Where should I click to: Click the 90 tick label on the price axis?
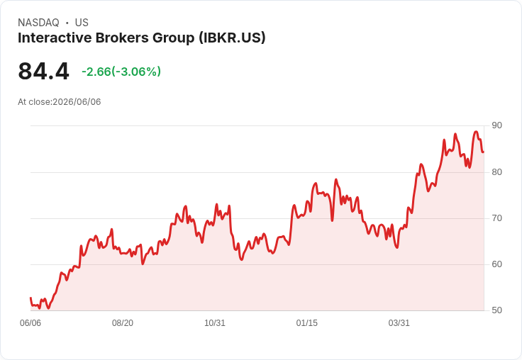coord(496,125)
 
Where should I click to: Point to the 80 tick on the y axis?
coord(496,172)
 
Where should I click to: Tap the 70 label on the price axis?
coord(496,218)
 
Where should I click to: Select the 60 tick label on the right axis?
coord(496,264)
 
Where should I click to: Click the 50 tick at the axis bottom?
coord(496,310)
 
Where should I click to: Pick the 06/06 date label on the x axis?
coord(30,323)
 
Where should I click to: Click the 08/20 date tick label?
coord(123,323)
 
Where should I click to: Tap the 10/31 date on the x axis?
coord(215,323)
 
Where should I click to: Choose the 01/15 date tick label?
coord(307,323)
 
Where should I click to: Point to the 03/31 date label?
coord(399,323)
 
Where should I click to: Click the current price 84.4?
coord(43,72)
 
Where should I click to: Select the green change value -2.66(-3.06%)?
coord(121,72)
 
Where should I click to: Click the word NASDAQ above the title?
coord(38,23)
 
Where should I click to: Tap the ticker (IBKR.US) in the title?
coord(232,38)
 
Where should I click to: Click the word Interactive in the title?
coord(55,38)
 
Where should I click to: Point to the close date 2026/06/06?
coord(77,102)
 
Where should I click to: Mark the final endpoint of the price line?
coord(484,152)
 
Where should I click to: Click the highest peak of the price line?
coord(476,132)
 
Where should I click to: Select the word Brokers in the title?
coord(122,38)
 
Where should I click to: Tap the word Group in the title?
coord(174,38)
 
